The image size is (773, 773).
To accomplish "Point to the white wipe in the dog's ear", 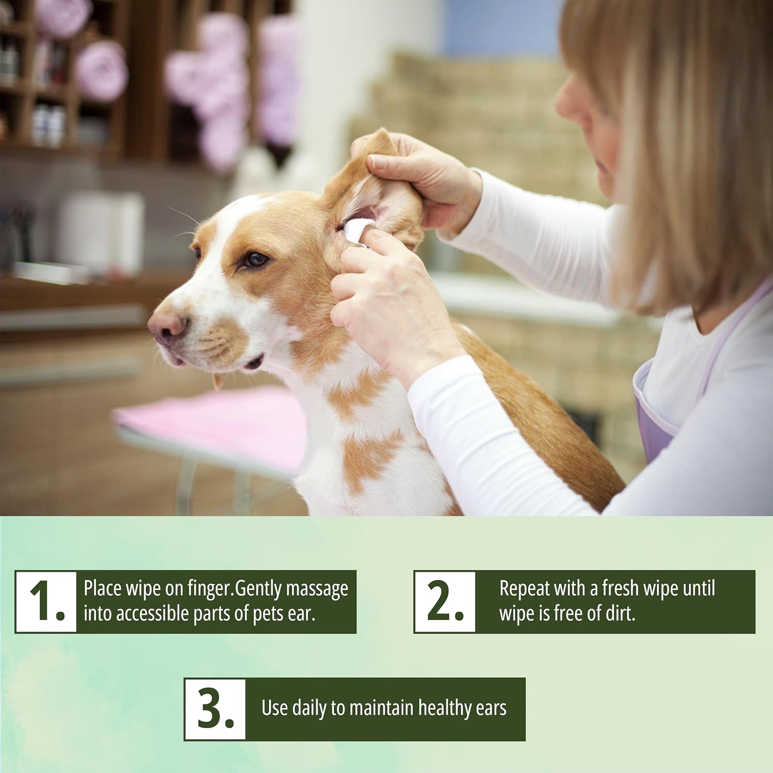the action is (x=358, y=230).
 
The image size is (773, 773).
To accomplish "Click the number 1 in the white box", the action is (x=46, y=601).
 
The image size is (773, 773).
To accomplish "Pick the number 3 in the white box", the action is (x=215, y=709).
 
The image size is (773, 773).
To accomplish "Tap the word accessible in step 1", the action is (x=148, y=614).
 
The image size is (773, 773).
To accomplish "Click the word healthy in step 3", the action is (x=445, y=709).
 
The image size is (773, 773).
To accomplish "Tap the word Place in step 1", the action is (x=103, y=588).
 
